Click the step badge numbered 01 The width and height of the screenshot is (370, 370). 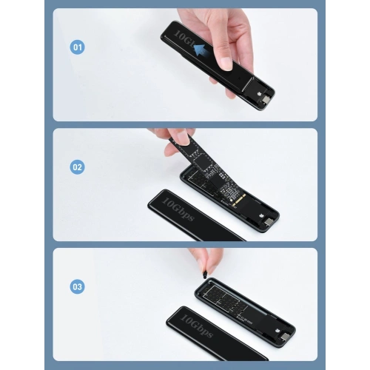pos(77,47)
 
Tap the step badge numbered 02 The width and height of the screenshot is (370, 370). pos(77,167)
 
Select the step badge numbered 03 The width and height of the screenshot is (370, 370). pos(77,286)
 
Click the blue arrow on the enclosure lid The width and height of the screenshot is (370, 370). pos(201,50)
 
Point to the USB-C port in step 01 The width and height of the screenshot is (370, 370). pos(266,100)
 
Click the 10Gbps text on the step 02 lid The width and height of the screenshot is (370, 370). pos(179,210)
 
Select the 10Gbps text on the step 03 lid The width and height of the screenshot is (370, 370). pos(197,326)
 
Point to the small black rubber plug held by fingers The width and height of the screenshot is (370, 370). pos(204,275)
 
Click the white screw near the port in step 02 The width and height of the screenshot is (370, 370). pos(261,215)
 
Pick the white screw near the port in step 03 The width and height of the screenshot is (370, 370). pos(277,329)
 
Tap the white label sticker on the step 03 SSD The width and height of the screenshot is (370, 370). pos(245,321)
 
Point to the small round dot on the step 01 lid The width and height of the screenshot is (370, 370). pos(240,78)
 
